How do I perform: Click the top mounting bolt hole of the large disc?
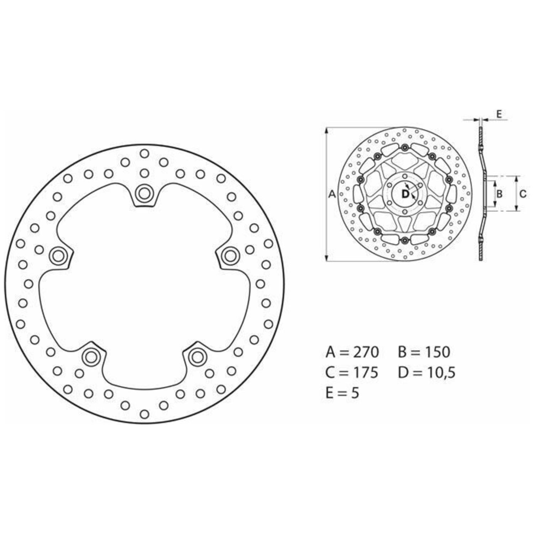pyautogui.click(x=144, y=193)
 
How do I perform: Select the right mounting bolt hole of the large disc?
pyautogui.click(x=231, y=255)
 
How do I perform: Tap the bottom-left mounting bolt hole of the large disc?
pyautogui.click(x=90, y=356)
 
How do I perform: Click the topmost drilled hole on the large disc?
pyautogui.click(x=144, y=153)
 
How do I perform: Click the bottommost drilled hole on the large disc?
pyautogui.click(x=144, y=414)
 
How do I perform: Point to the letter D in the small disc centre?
pyautogui.click(x=405, y=194)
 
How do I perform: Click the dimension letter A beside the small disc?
pyautogui.click(x=332, y=194)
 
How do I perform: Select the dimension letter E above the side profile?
pyautogui.click(x=499, y=114)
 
